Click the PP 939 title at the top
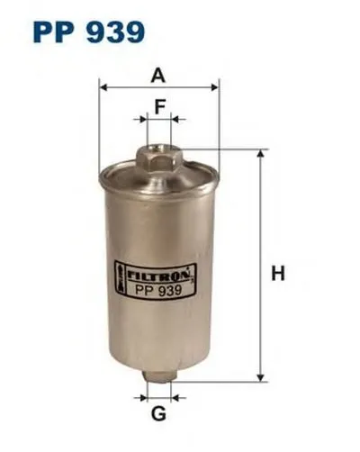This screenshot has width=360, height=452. (x=88, y=32)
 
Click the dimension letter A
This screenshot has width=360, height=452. (x=159, y=74)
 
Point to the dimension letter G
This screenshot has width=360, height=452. (x=158, y=415)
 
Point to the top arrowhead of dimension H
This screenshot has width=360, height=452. (x=260, y=154)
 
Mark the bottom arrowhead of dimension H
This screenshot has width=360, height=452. (x=260, y=379)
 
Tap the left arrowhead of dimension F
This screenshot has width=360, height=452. (x=140, y=118)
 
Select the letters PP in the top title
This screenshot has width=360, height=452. (x=52, y=32)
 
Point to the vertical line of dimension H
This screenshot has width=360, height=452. (x=260, y=270)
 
